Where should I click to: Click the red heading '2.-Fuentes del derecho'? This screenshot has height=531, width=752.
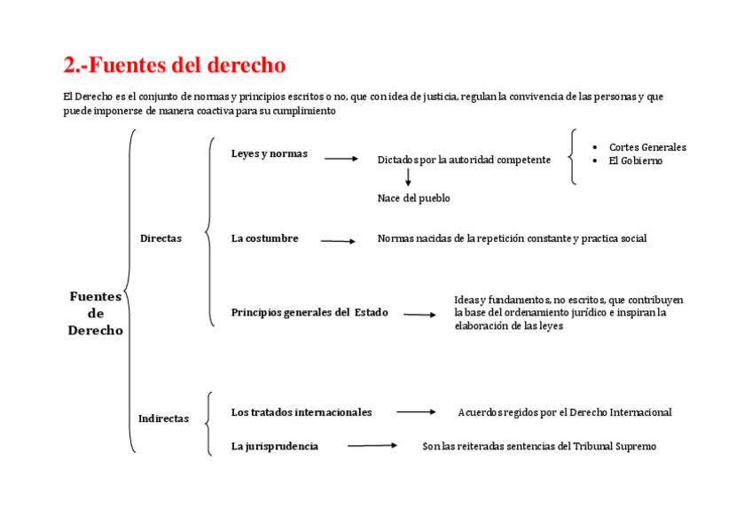pos(175,66)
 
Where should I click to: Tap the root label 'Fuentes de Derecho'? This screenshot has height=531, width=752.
pos(96,314)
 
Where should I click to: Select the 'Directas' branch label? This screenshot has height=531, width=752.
pos(161,238)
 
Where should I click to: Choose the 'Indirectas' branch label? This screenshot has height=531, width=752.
pos(163,418)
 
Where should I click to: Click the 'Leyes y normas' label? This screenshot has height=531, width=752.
pos(270,154)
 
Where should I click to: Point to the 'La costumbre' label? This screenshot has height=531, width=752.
pos(265,238)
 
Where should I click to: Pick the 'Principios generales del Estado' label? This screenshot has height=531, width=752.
pos(309,313)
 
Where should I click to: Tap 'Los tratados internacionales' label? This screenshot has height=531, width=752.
pos(302,412)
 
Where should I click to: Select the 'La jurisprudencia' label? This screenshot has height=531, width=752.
pos(275,447)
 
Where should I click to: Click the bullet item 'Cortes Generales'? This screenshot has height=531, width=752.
pos(647,147)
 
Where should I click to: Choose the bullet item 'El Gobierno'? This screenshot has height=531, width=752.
pos(635,160)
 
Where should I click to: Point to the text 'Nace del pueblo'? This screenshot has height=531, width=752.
pos(413,199)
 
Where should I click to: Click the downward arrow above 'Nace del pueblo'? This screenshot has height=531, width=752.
pos(408,177)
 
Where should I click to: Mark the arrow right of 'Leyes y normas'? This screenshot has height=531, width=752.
pos(341,159)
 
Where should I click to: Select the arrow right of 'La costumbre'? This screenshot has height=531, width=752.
pos(338,240)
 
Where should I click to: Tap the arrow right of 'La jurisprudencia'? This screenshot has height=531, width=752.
pos(372,446)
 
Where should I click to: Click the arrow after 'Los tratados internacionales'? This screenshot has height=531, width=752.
pos(416,412)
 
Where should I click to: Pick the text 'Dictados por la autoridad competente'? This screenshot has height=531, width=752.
pos(464,160)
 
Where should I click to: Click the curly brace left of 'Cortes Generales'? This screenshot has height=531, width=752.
pos(573,157)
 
